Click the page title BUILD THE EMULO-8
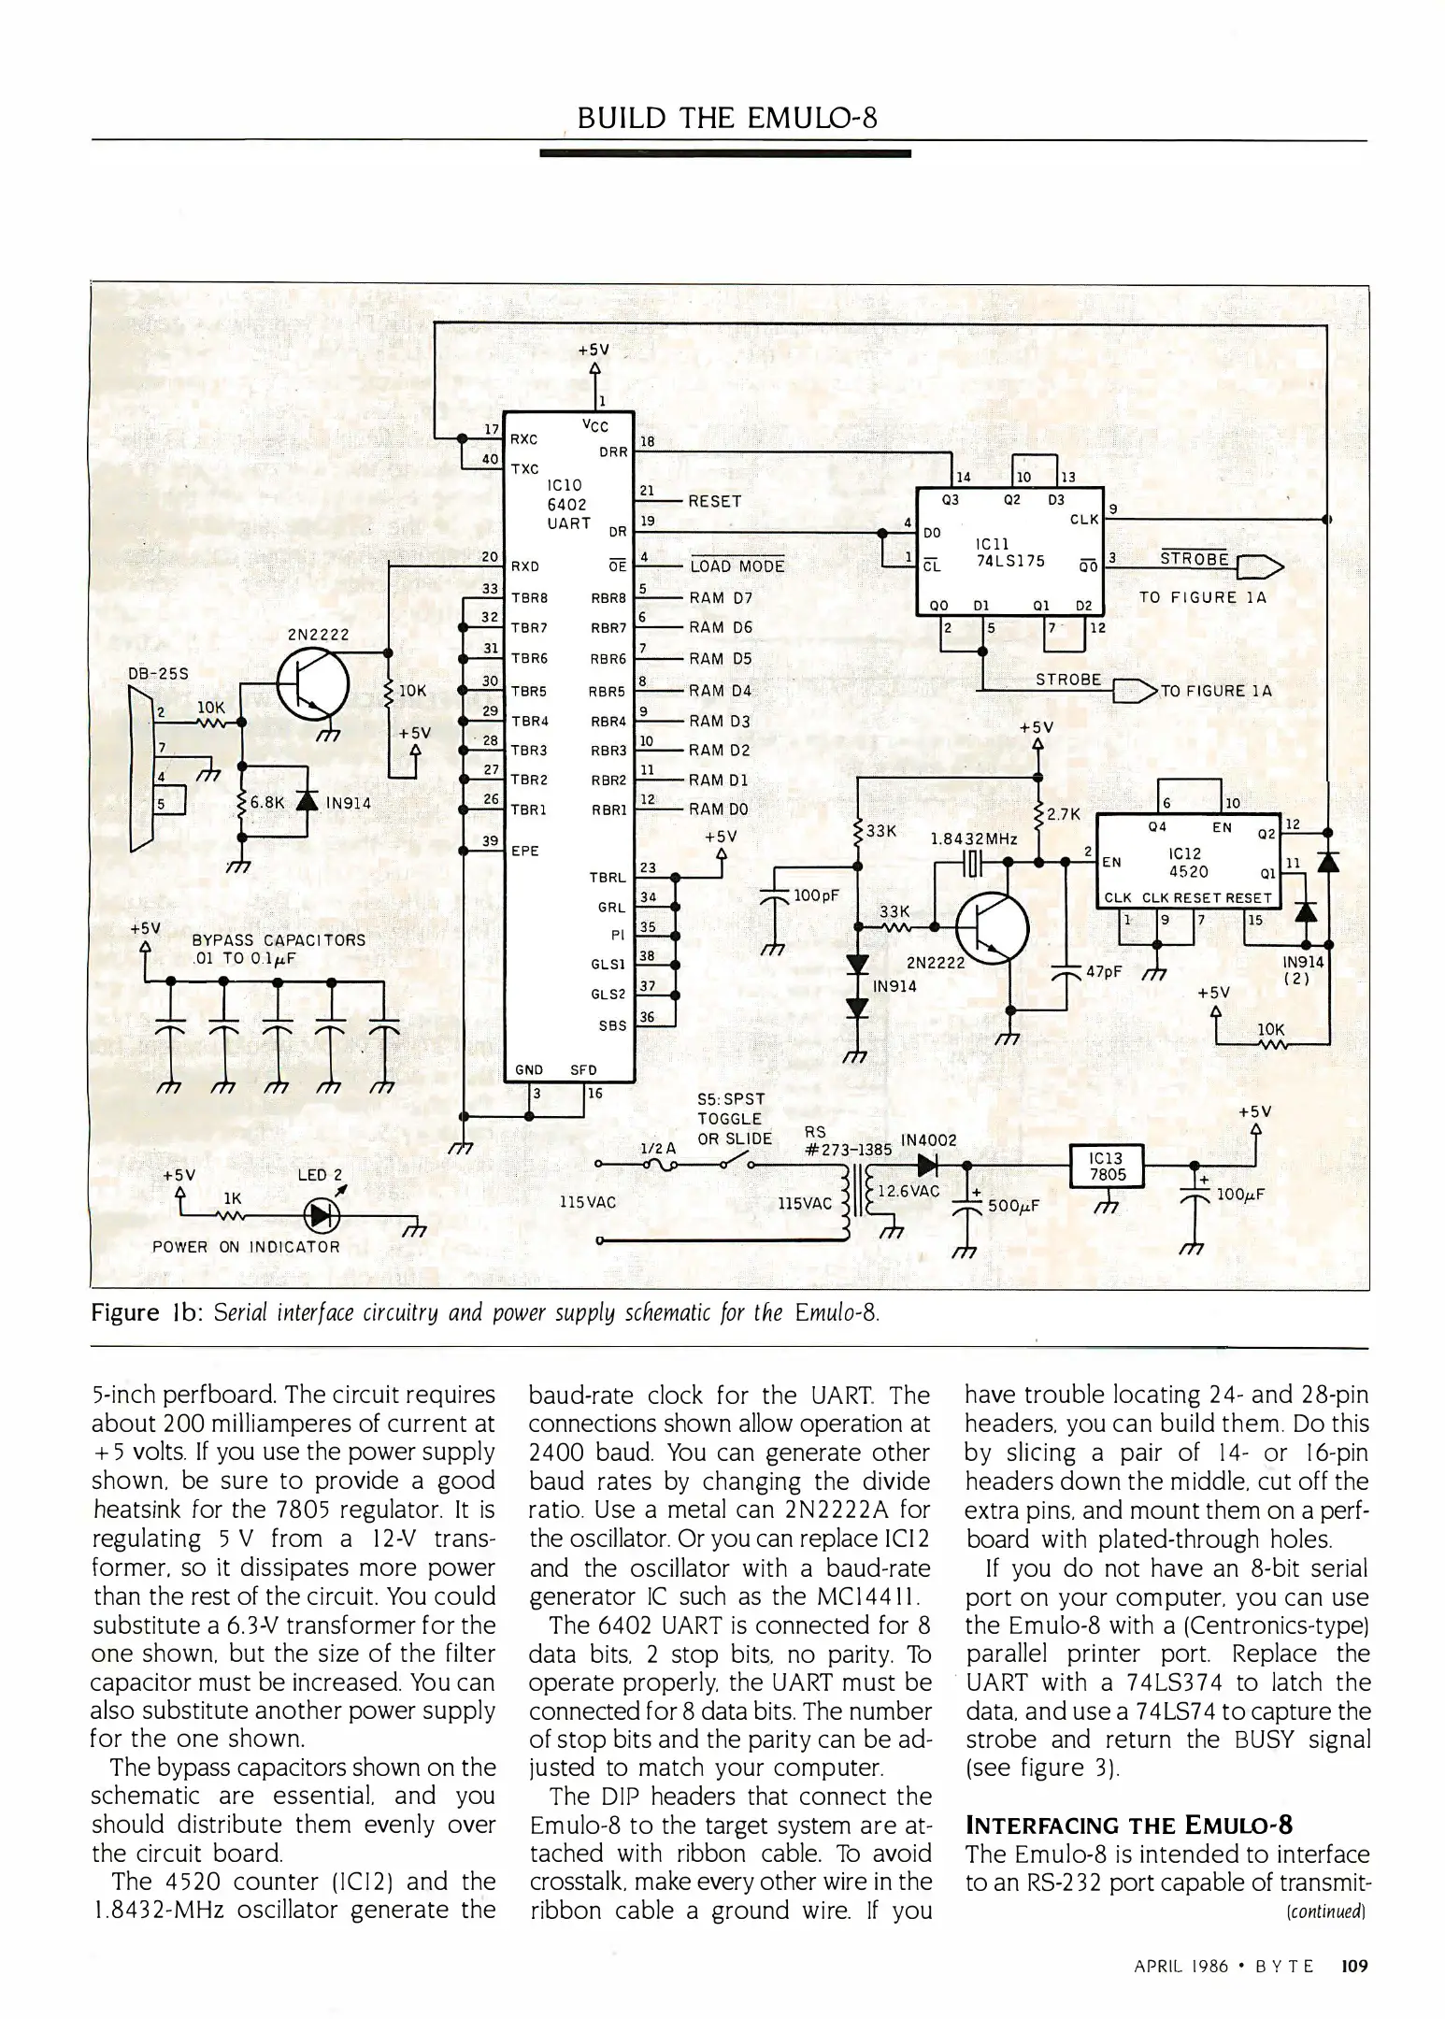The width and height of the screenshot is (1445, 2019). point(726,120)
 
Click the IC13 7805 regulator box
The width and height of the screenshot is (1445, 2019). point(1107,1167)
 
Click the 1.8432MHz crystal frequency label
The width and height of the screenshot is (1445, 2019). point(973,838)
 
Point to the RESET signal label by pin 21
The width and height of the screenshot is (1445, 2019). point(714,501)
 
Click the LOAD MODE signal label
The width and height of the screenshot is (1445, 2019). point(737,566)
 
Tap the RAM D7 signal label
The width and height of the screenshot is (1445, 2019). point(720,597)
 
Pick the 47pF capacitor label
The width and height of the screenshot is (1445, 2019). point(1104,970)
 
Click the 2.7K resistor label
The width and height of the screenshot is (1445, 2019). point(1064,814)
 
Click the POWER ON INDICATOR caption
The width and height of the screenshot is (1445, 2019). point(246,1246)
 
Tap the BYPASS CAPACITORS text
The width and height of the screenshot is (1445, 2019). point(279,939)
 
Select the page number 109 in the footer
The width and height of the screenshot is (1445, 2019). point(1353,1966)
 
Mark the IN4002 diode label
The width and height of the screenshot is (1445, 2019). point(927,1139)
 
